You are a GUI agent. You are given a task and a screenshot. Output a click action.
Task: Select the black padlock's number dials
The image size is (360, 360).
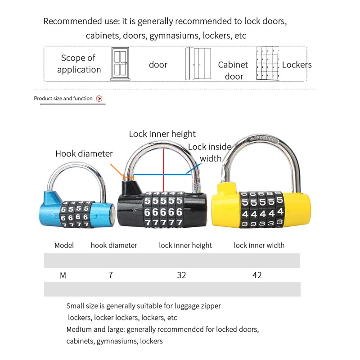coord(163,212)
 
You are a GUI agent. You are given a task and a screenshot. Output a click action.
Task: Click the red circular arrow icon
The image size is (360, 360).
coord(99,99)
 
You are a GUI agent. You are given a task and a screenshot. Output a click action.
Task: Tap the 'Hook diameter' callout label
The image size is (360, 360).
coord(84,153)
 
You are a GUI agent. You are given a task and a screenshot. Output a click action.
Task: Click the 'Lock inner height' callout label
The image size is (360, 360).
coord(162,134)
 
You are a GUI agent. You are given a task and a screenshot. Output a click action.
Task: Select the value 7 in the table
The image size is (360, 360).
coord(111,275)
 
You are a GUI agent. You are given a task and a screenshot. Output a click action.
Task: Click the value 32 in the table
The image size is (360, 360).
coord(181,275)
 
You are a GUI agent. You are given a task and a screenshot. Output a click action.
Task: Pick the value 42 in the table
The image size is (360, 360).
coord(257,275)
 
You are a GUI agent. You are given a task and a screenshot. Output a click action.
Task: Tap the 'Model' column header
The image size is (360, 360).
coord(64,245)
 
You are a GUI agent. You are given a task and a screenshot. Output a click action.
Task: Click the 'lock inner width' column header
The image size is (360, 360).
coord(259,245)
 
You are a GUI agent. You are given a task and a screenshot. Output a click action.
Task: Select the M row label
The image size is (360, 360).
coord(63,275)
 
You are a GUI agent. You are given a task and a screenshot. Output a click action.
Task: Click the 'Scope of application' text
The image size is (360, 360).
coord(79,64)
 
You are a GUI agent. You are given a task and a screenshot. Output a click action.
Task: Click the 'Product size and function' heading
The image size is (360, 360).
coord(63,99)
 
